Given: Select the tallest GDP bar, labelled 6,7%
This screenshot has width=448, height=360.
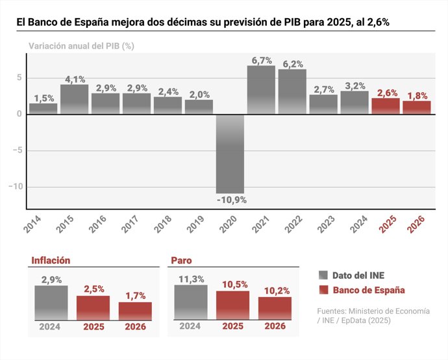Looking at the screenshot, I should point(261,90).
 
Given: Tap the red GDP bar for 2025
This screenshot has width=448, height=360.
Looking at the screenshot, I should point(386,105).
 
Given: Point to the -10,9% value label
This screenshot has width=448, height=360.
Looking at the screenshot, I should point(231,200).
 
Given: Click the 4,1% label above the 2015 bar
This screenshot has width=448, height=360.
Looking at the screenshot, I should point(75,80).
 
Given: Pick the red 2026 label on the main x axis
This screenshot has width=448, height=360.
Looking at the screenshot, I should point(416,224).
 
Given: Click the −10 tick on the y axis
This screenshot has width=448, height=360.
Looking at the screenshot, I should point(15,187).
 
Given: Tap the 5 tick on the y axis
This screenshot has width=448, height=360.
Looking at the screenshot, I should point(19,78).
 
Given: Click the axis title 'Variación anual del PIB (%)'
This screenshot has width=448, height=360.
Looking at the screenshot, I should point(81,47).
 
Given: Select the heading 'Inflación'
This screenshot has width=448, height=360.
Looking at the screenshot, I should point(51,260).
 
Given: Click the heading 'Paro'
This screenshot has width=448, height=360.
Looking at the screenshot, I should point(181,260).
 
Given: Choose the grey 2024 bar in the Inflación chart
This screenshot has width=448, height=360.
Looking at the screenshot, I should point(51,302).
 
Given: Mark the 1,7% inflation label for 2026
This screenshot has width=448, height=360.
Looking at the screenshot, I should point(134,296).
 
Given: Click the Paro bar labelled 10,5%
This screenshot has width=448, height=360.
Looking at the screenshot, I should point(232,305).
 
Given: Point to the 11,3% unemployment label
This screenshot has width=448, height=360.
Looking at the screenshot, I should point(191,279).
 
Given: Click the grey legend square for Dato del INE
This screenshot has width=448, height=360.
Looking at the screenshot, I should point(323,275).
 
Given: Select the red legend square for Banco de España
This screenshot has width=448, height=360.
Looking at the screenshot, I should point(323,290).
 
